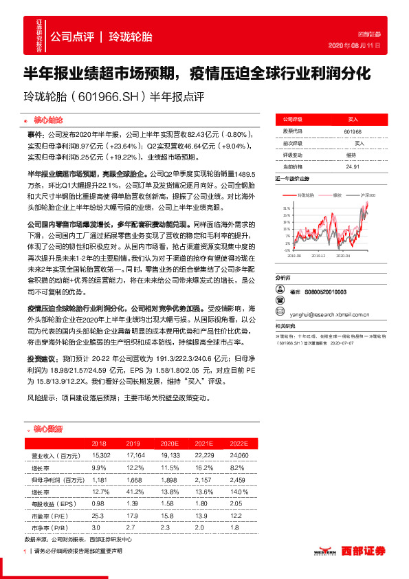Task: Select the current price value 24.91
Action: point(353,166)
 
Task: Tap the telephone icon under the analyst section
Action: point(279,301)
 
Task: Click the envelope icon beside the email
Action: point(279,311)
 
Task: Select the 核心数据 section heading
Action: point(47,428)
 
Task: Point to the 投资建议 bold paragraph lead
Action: point(44,359)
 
